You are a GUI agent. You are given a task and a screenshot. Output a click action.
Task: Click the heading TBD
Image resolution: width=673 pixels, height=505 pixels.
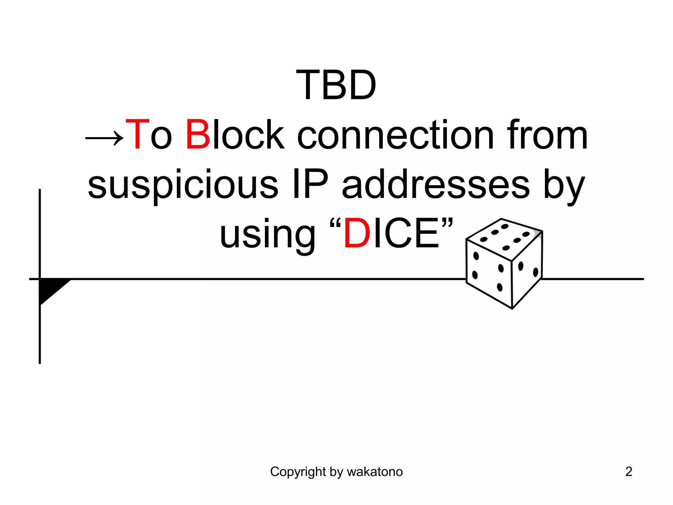[336, 85]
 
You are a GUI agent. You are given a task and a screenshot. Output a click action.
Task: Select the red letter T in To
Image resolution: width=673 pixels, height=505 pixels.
[137, 135]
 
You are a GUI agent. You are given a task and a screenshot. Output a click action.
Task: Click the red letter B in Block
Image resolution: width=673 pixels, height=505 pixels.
[198, 135]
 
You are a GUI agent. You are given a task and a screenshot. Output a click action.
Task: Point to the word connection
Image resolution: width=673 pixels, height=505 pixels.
[395, 135]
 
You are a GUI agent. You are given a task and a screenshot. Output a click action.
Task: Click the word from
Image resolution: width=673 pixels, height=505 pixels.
[547, 135]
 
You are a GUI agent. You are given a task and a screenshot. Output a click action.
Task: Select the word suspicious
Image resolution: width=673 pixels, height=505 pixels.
[183, 186]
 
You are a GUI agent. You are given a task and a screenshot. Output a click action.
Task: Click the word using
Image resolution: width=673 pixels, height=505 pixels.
[267, 235]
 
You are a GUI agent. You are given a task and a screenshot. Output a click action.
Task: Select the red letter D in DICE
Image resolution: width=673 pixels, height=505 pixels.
[357, 233]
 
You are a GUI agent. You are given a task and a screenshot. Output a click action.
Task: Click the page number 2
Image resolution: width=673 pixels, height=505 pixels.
[629, 472]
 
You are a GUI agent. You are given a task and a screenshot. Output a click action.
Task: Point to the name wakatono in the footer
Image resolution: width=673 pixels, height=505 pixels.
[375, 472]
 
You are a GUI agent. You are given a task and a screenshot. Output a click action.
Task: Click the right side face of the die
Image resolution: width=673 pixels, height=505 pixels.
[527, 270]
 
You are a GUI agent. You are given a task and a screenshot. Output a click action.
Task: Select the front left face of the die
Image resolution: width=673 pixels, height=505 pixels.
[489, 273]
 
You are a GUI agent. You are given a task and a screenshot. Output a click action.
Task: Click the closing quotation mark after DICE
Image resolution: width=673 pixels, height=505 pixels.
[447, 224]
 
